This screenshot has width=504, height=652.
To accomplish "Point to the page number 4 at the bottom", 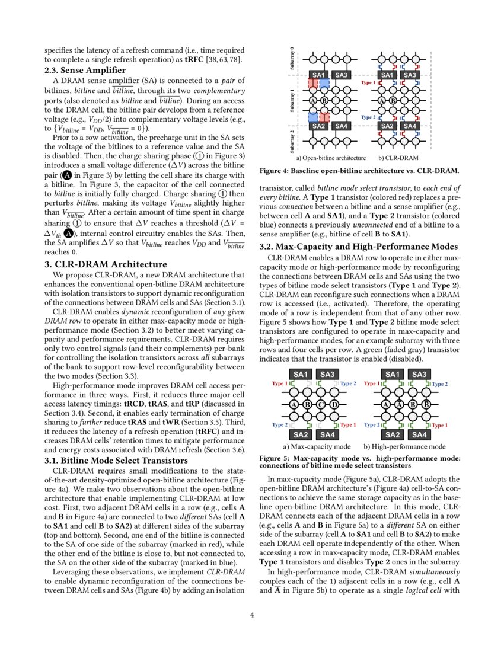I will click(x=252, y=615).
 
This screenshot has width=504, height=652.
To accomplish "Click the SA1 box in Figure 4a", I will click(x=319, y=75).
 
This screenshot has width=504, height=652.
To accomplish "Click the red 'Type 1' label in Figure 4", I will click(x=368, y=83).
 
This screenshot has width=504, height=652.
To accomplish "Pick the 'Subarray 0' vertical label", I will click(x=292, y=59).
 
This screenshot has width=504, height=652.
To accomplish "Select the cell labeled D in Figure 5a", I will click(x=335, y=405).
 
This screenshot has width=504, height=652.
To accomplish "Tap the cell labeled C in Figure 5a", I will click(x=321, y=405).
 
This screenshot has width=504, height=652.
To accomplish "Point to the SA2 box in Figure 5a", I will click(x=301, y=435).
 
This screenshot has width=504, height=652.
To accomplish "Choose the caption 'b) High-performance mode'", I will click(x=404, y=446).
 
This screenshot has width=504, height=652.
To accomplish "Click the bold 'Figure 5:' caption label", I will click(x=277, y=458).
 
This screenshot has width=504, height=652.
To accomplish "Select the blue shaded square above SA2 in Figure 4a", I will click(x=313, y=117).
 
